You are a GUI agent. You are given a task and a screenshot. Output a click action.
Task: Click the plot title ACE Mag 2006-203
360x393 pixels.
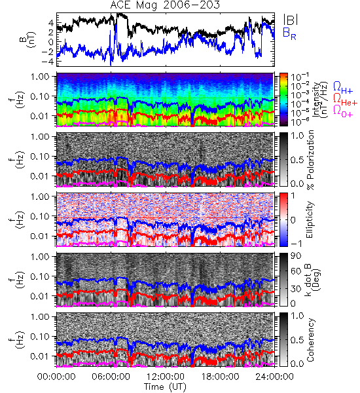click(x=165, y=5)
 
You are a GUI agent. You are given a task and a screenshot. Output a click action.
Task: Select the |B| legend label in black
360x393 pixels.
click(x=291, y=20)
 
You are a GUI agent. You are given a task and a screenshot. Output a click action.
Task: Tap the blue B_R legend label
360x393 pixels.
click(x=289, y=33)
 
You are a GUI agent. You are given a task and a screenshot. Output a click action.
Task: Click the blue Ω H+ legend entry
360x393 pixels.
click(x=343, y=88)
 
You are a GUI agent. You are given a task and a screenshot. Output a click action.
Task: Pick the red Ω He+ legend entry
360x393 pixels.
click(x=345, y=100)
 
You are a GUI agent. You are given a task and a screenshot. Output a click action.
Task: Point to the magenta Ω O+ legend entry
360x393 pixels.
click(x=343, y=111)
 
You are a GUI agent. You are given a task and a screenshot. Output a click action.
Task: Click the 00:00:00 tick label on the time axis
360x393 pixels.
click(x=56, y=377)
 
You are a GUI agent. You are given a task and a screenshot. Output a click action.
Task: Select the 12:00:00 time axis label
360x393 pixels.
click(x=166, y=377)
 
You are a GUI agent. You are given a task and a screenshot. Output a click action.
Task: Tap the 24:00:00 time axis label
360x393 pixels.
click(x=274, y=377)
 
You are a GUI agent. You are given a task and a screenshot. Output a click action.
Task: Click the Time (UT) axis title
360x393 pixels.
click(x=165, y=386)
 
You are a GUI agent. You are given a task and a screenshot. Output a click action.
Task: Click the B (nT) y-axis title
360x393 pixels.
click(x=29, y=39)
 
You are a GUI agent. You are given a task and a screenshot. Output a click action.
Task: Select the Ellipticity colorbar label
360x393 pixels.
click(x=310, y=219)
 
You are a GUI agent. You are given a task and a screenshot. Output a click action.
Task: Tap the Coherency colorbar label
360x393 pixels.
click(x=310, y=340)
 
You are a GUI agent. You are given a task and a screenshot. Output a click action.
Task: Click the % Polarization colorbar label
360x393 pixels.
click(x=310, y=160)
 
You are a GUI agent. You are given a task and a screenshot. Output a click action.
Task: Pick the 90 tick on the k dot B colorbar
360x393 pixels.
click(x=296, y=255)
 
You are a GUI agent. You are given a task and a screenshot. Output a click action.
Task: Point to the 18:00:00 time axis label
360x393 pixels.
click(x=220, y=377)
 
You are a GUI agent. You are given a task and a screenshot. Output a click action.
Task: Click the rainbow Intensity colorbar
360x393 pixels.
click(x=283, y=100)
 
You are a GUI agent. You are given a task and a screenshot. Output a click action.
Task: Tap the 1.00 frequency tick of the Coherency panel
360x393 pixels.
click(x=39, y=316)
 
